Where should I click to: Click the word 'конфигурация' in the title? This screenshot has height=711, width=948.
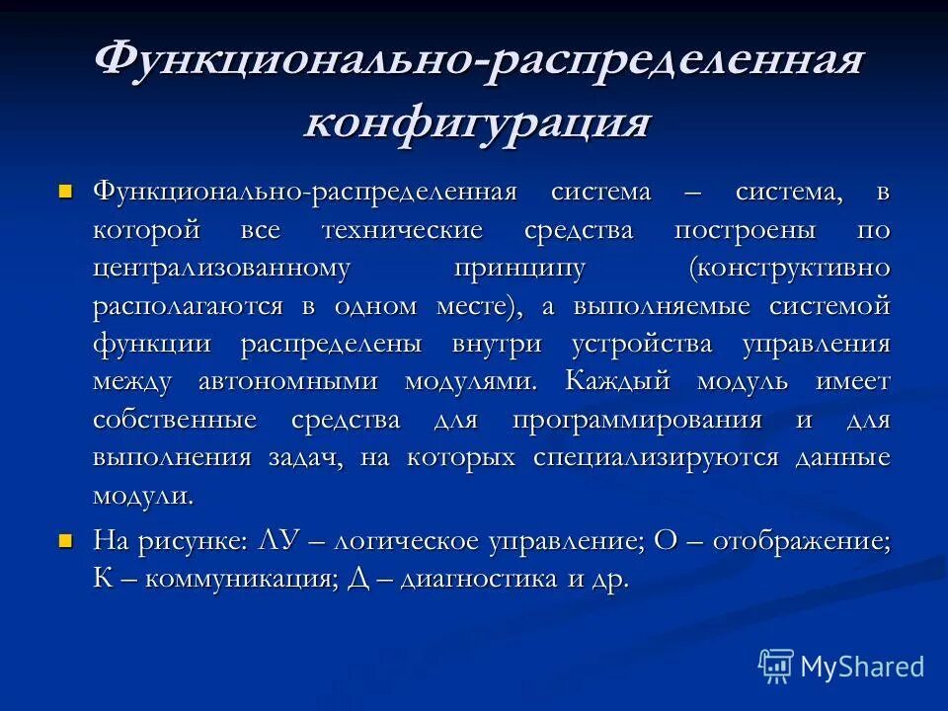pos(477,123)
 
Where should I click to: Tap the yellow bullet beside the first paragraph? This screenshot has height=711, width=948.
pos(66,189)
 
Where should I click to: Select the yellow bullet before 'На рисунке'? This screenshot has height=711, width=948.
pos(66,539)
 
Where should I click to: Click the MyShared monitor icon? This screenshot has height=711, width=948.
pos(776,667)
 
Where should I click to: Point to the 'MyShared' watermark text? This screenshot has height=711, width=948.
pos(862,667)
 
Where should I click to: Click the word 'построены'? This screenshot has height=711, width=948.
pos(745,230)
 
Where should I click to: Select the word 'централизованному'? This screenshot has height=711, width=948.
pos(222,269)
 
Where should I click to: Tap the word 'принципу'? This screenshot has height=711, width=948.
pos(519,269)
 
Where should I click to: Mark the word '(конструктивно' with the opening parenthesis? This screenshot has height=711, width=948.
pos(790,269)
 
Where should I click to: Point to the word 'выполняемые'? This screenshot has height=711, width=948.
pos(660,306)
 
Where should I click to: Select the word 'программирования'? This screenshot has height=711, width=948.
pos(637,420)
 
